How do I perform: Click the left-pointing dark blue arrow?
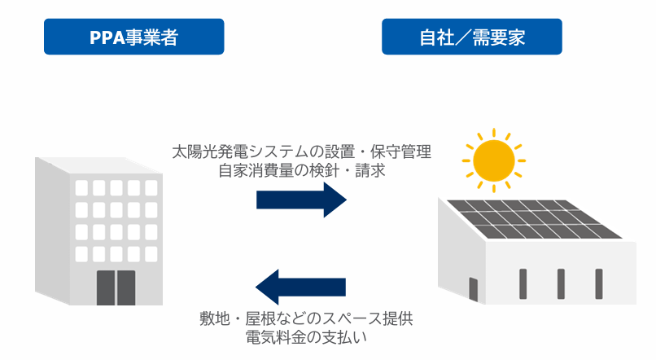click(x=300, y=288)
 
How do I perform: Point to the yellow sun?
click(x=492, y=159)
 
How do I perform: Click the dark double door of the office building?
click(x=116, y=287)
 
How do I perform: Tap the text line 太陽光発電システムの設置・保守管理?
click(x=301, y=152)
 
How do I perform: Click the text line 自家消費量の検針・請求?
click(x=301, y=172)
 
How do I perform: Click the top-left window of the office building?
click(x=81, y=188)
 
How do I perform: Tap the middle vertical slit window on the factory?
click(x=561, y=283)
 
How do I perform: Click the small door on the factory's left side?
click(x=473, y=288)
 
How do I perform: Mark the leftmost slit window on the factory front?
click(x=523, y=283)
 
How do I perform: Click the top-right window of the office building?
click(x=151, y=188)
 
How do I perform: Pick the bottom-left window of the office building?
click(x=81, y=252)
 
